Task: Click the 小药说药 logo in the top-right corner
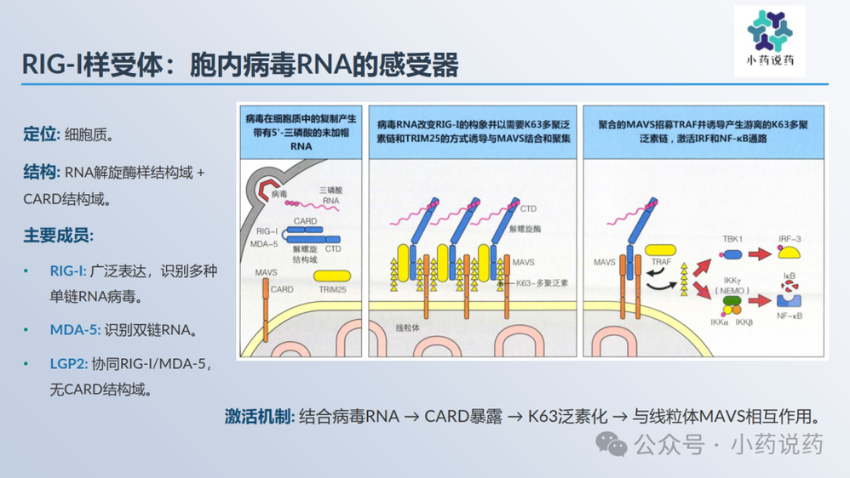pos(769,39)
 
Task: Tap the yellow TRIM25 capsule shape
pos(333,275)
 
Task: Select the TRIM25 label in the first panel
pos(332,290)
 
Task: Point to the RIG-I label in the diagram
pos(267,230)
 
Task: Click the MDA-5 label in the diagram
pos(266,244)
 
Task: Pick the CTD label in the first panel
pos(332,249)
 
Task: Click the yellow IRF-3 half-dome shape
pos(790,253)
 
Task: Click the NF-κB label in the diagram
pos(790,316)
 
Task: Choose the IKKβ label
pos(744,322)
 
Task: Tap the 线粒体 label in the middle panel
pos(410,327)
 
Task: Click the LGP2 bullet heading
pos(68,363)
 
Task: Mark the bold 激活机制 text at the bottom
pos(260,417)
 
